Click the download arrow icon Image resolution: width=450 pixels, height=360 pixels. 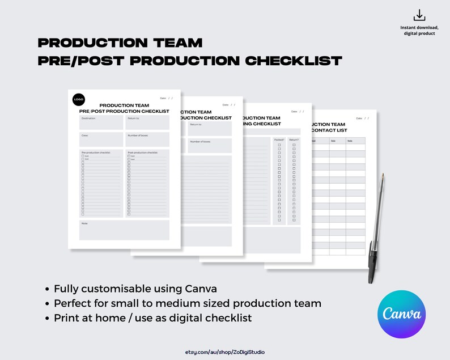coord(419,15)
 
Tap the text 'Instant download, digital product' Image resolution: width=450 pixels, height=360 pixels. coord(419,30)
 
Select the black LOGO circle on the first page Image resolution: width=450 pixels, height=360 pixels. coord(78,99)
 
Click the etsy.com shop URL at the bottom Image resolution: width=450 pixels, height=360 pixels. coord(224,352)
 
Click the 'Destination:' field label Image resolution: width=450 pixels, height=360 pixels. coord(88,118)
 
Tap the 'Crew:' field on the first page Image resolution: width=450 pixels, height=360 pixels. coord(101,139)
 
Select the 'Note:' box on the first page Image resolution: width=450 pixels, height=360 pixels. coord(124,230)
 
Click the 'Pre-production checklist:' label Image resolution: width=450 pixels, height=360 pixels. coord(96,153)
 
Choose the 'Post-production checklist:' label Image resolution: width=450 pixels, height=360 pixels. coord(142,153)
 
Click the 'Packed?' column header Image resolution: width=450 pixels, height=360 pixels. coord(279,139)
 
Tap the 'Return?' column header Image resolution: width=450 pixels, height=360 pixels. coord(294,139)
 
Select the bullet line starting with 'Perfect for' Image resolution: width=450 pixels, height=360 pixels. coord(188,303)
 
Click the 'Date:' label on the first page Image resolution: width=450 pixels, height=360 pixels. coord(163,98)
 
